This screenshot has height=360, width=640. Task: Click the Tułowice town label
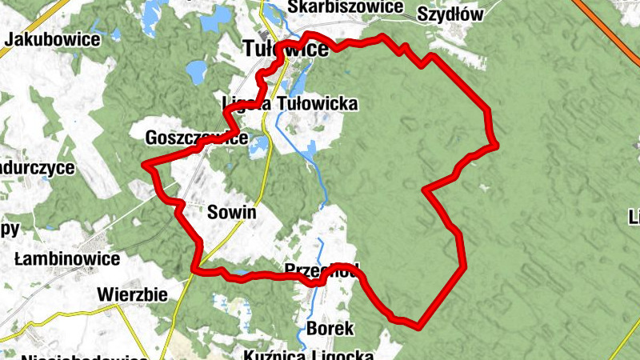pyautogui.click(x=285, y=50)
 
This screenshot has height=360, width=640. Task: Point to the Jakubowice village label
pyautogui.click(x=52, y=39)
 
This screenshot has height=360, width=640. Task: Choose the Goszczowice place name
pyautogui.click(x=196, y=138)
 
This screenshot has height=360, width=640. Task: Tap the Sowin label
pyautogui.click(x=231, y=213)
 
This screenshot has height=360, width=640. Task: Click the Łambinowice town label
pyautogui.click(x=67, y=259)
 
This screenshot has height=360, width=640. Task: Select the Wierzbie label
pyautogui.click(x=132, y=294)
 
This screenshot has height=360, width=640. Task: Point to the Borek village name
pyautogui.click(x=330, y=329)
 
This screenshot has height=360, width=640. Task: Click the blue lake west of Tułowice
pyautogui.click(x=196, y=74)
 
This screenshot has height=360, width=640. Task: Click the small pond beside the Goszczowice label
pyautogui.click(x=258, y=146)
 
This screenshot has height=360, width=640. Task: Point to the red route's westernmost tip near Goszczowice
pyautogui.click(x=145, y=165)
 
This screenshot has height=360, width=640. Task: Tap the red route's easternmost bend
pyautogui.click(x=496, y=145)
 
